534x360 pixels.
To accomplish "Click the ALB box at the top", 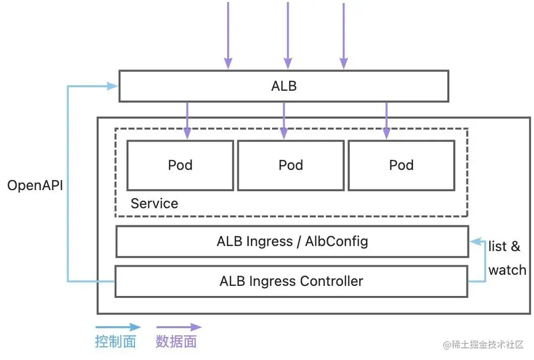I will click(284, 86).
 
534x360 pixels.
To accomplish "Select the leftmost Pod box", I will click(180, 165).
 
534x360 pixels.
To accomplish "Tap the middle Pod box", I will click(291, 165).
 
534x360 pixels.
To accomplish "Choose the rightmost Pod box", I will click(401, 165).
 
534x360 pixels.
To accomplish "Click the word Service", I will click(154, 204).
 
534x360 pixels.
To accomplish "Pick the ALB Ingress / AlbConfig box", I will click(292, 242).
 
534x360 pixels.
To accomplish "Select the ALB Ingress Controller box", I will click(291, 281).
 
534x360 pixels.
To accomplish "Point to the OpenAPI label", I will click(35, 186).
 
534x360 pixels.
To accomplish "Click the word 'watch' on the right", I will click(507, 270).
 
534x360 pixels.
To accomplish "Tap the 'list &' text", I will click(504, 247).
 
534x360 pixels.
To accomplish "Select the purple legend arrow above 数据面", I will click(178, 327).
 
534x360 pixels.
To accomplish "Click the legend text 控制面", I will click(115, 342).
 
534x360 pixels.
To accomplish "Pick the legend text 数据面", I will click(176, 342).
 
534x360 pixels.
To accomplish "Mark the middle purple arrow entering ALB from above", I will click(288, 35).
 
